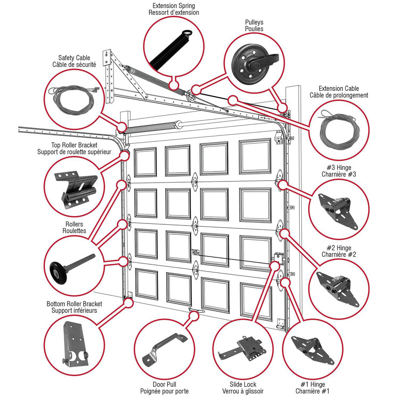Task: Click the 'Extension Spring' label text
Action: pyautogui.click(x=173, y=6)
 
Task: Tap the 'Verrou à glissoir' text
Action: pyautogui.click(x=243, y=391)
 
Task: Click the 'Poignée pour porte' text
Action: pyautogui.click(x=164, y=391)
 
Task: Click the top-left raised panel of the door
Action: pyautogui.click(x=145, y=162)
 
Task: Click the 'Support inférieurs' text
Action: pyautogui.click(x=74, y=310)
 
